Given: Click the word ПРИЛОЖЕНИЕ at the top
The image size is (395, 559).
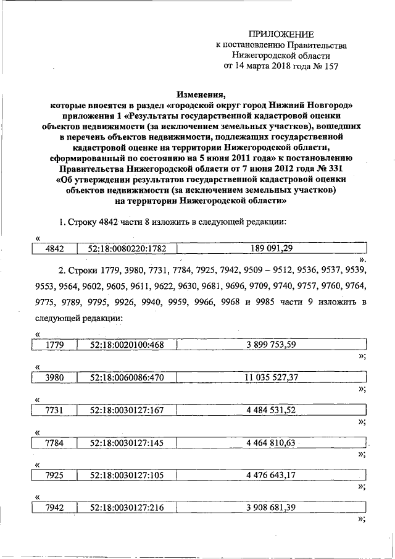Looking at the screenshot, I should [x=281, y=34].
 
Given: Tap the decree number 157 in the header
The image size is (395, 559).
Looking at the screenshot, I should [x=329, y=65].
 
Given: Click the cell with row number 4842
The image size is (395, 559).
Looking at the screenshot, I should [x=54, y=248].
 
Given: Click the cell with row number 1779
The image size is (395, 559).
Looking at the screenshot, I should [x=54, y=345].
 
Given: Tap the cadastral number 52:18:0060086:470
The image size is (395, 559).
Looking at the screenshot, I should [x=127, y=377].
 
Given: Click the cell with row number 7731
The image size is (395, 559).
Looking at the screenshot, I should [x=54, y=410].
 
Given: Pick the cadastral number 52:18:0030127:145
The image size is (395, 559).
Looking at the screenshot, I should [x=127, y=442].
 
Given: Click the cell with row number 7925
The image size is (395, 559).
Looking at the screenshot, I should [x=54, y=475].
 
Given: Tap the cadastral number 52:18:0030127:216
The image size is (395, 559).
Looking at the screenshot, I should [x=127, y=507].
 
